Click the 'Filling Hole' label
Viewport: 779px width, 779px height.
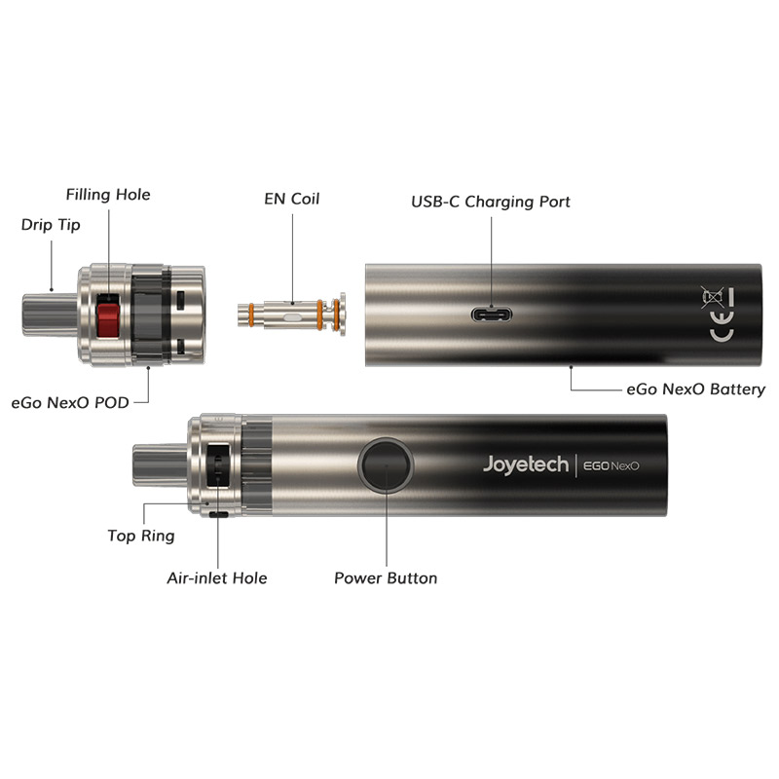click(x=108, y=195)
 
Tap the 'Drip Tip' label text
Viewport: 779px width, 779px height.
click(x=51, y=225)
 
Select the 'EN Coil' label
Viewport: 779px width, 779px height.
click(x=292, y=200)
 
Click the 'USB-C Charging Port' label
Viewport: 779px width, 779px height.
click(x=491, y=203)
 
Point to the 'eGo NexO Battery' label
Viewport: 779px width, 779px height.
click(x=695, y=389)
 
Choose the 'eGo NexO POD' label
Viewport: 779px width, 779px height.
click(x=70, y=402)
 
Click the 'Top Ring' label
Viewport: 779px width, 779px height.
click(x=141, y=536)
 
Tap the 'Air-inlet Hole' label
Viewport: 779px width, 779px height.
click(x=216, y=578)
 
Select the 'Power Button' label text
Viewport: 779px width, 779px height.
click(x=386, y=578)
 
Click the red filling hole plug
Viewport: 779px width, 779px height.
click(x=108, y=315)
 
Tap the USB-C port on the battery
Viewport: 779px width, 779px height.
click(x=492, y=315)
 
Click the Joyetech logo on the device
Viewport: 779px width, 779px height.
click(x=525, y=464)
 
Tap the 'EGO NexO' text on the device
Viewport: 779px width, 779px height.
click(x=611, y=465)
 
